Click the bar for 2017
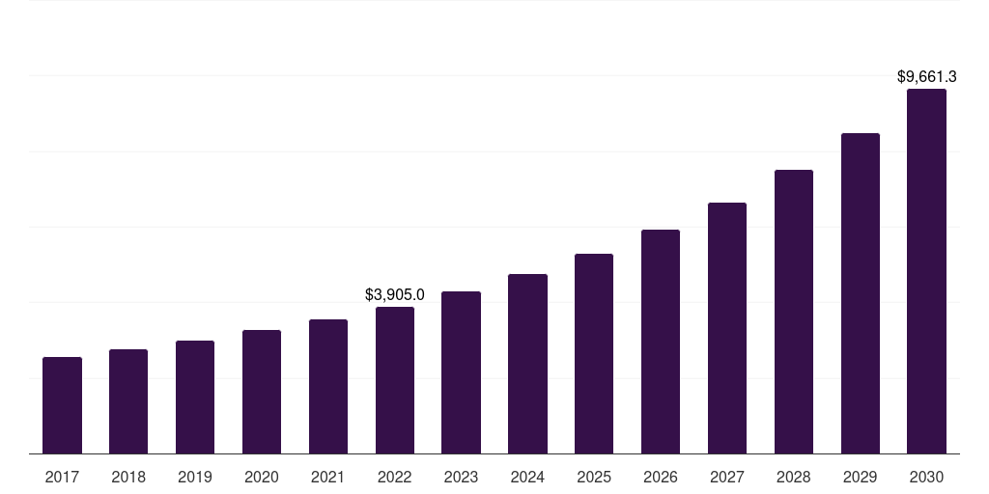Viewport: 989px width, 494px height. pos(62,405)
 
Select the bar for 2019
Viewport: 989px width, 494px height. pos(195,397)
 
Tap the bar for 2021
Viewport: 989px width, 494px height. pos(328,386)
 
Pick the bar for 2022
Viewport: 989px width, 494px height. pos(395,380)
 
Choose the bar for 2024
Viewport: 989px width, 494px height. pos(527,364)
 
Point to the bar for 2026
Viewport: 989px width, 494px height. pos(661,342)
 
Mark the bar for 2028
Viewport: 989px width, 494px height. pos(794,312)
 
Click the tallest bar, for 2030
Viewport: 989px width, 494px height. pos(926,271)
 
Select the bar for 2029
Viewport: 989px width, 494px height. pos(861,293)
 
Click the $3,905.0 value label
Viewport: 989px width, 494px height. pos(395,295)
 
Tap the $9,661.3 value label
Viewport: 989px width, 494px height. pos(926,76)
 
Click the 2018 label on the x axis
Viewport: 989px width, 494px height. pos(128,477)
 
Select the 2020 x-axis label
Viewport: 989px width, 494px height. pos(262,477)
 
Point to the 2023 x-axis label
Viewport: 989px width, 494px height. pos(461,477)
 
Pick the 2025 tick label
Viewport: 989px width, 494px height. pos(594,477)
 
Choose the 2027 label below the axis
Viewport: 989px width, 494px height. pos(727,477)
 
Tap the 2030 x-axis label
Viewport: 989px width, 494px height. pos(926,477)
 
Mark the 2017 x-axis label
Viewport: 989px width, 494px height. pos(62,477)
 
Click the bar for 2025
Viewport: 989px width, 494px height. pos(594,353)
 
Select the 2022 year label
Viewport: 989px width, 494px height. pos(395,477)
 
